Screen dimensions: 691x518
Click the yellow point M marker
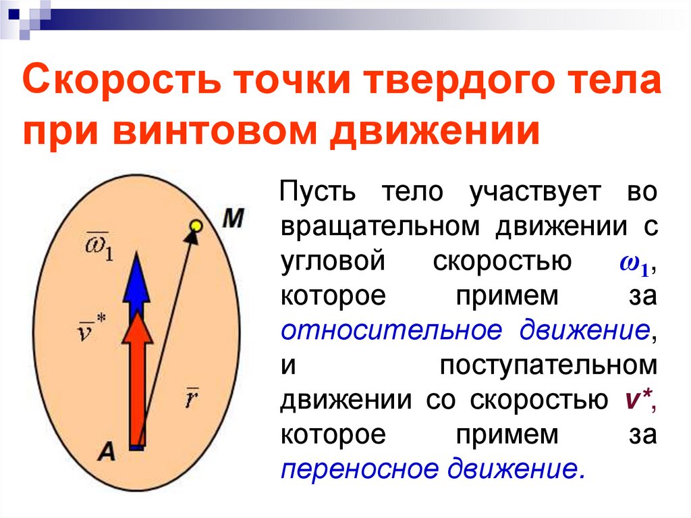click(x=196, y=224)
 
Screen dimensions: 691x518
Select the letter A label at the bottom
click(x=105, y=451)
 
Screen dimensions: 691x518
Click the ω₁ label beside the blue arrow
click(x=99, y=246)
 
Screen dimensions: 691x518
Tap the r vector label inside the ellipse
click(x=191, y=399)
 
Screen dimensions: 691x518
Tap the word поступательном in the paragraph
click(x=547, y=365)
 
